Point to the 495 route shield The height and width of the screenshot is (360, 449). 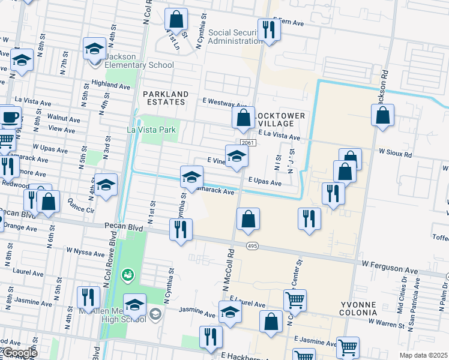click(x=252, y=245)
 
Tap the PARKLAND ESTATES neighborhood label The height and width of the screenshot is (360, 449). click(x=166, y=98)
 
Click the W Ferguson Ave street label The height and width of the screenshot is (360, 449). click(x=390, y=263)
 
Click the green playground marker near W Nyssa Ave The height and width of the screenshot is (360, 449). click(x=127, y=275)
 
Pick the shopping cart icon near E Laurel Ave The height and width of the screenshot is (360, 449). click(x=295, y=299)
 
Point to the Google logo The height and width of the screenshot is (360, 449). click(x=19, y=353)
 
